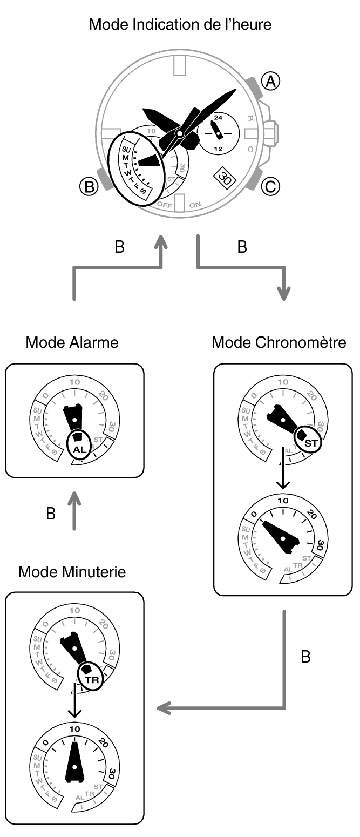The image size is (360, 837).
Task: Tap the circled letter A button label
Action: tap(270, 81)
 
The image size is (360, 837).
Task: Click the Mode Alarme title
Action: tap(72, 342)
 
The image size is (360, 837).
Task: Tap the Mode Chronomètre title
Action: tap(279, 342)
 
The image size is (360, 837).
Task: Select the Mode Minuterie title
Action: tap(72, 571)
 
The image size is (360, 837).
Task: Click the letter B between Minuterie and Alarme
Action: tap(50, 514)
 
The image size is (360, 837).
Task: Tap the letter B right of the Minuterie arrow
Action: tap(305, 657)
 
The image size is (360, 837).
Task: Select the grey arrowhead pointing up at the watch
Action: tap(160, 243)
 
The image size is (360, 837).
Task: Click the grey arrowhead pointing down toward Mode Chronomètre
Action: tap(283, 295)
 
